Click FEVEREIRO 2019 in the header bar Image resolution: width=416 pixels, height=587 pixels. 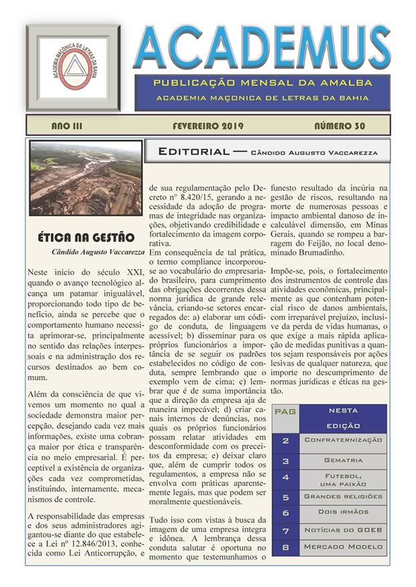[x=207, y=126]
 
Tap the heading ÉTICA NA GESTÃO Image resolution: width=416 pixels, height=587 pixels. [x=86, y=238]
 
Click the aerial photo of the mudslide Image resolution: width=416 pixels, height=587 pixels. [x=86, y=178]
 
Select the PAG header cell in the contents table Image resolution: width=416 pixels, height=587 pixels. [x=286, y=410]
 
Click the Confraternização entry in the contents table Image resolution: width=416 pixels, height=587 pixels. [x=343, y=440]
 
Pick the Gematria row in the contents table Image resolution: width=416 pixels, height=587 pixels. [x=343, y=460]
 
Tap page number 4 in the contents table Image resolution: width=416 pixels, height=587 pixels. [x=286, y=478]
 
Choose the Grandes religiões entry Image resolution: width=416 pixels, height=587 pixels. [x=343, y=497]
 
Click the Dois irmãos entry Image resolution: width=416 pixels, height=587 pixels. [x=343, y=513]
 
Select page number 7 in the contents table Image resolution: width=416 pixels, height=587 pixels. [x=286, y=530]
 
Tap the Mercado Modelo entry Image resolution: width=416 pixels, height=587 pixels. [x=343, y=547]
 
